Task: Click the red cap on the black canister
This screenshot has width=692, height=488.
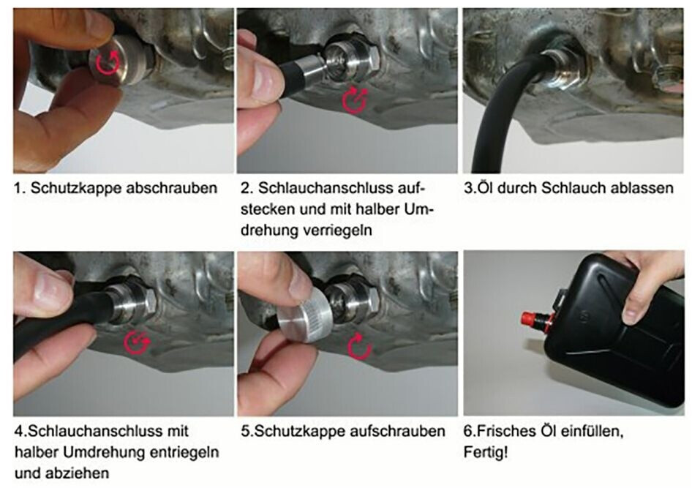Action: [530, 318]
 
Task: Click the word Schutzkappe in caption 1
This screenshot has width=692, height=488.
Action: [76, 189]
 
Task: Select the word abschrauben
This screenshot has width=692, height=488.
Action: [172, 189]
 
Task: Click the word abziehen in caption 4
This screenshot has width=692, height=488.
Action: [82, 473]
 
